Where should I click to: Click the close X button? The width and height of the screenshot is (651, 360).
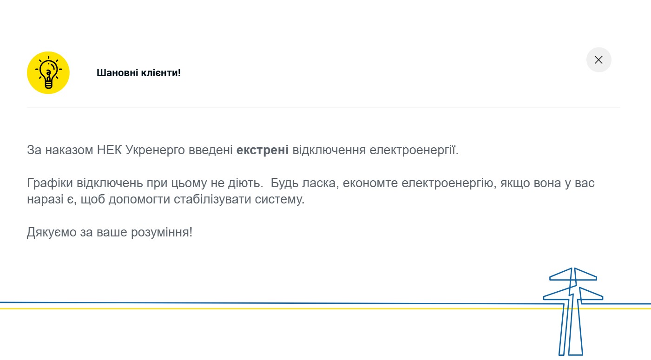[x=598, y=60]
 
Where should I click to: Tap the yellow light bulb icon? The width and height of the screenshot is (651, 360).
[x=48, y=72]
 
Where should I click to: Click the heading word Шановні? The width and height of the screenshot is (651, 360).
[x=117, y=72]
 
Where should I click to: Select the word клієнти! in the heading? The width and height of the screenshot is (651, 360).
[x=161, y=72]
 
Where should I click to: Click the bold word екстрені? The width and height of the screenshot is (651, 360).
[x=263, y=150]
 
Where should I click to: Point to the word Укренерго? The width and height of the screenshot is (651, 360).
[x=155, y=151]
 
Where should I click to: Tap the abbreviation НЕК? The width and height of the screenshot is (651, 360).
[x=109, y=150]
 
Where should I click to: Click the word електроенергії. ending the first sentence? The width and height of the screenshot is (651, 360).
[x=414, y=151]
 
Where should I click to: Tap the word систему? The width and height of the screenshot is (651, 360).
[x=280, y=200]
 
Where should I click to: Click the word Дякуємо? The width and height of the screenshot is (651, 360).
[x=52, y=232]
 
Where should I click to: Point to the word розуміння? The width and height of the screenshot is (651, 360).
[x=162, y=232]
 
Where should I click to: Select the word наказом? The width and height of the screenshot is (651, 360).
[x=69, y=151]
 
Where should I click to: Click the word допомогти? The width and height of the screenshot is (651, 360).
[x=139, y=200]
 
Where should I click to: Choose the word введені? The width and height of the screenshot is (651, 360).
[x=210, y=150]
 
